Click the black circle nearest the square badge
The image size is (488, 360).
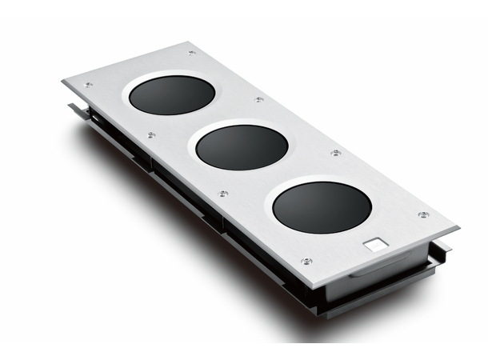(322, 207)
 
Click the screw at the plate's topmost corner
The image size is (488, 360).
(191, 53)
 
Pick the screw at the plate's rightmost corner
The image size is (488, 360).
(423, 214)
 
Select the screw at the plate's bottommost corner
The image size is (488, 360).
(306, 261)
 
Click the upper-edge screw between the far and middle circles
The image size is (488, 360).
(259, 100)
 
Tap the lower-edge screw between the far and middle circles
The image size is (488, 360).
(150, 135)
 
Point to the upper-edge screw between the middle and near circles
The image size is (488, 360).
(336, 152)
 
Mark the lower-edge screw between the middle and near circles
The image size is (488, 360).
(223, 194)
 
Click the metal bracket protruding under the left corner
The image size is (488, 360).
(76, 108)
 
